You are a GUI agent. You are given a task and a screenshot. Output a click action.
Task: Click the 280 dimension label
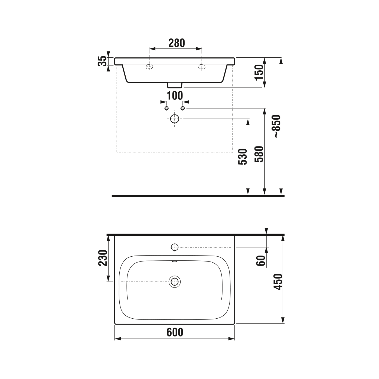(x=177, y=43)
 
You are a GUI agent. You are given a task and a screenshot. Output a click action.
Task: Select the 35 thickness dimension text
(x=102, y=61)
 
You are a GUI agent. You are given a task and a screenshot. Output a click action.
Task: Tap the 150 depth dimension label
(x=259, y=72)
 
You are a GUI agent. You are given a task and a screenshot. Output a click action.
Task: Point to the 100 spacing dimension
(x=175, y=96)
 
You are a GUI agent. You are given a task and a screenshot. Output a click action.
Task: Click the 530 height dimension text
(x=243, y=157)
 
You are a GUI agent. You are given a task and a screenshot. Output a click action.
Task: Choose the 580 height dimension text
(x=259, y=154)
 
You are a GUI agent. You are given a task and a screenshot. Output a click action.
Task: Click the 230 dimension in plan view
(x=103, y=258)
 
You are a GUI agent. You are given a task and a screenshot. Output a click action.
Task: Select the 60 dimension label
(x=261, y=260)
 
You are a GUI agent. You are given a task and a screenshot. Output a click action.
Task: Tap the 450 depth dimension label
(x=278, y=282)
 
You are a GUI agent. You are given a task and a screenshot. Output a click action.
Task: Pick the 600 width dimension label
(x=175, y=332)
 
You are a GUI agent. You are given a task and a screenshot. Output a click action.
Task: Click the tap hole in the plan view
(x=175, y=247)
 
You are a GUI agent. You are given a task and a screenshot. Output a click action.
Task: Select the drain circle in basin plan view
(x=175, y=282)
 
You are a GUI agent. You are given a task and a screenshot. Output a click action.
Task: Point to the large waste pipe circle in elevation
(x=175, y=119)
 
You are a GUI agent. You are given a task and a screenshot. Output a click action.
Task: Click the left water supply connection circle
(x=166, y=108)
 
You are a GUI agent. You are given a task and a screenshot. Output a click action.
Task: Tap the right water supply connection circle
(x=183, y=108)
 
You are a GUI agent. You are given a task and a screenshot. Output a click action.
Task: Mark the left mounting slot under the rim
(x=149, y=67)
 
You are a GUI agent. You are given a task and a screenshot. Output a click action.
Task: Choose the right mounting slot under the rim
(x=202, y=67)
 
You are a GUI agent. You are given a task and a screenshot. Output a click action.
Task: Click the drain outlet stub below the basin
(x=175, y=85)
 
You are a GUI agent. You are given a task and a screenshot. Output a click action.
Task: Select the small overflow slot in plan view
(x=175, y=262)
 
